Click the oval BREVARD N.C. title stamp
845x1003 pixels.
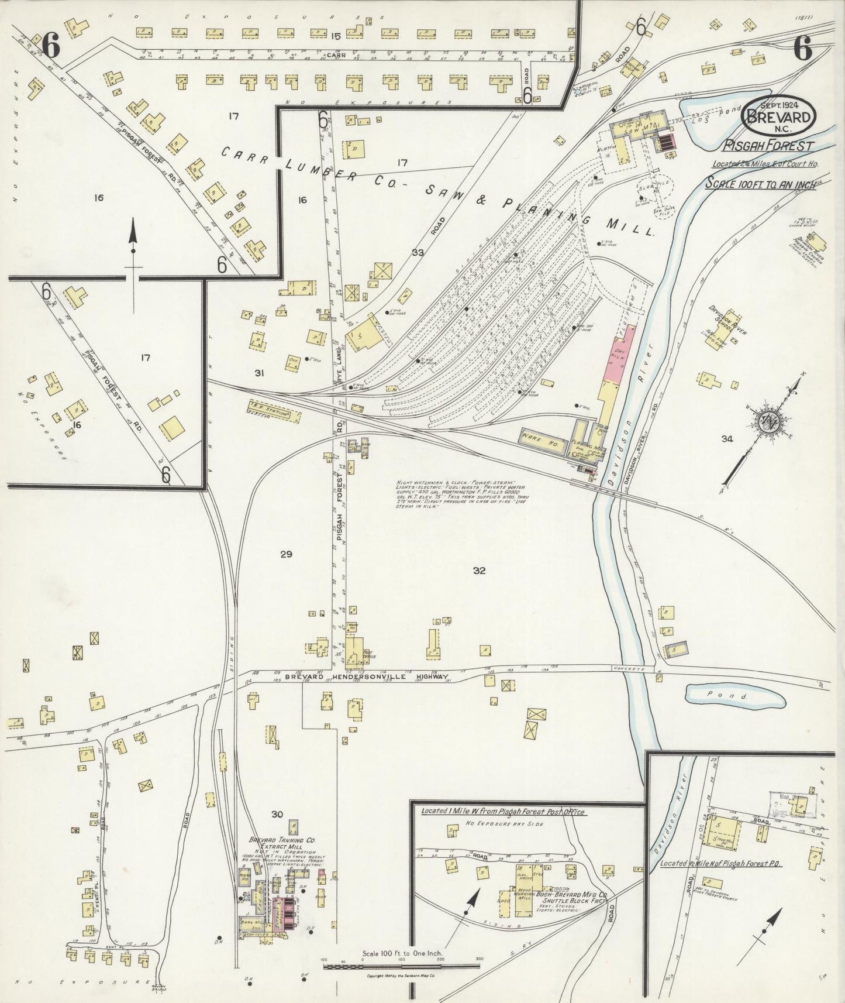(778, 116)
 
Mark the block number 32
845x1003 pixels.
(479, 571)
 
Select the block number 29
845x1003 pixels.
(285, 554)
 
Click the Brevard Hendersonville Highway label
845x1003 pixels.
(367, 677)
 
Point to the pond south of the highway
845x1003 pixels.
(734, 696)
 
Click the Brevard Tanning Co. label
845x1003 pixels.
(282, 840)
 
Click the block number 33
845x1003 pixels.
(417, 253)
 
